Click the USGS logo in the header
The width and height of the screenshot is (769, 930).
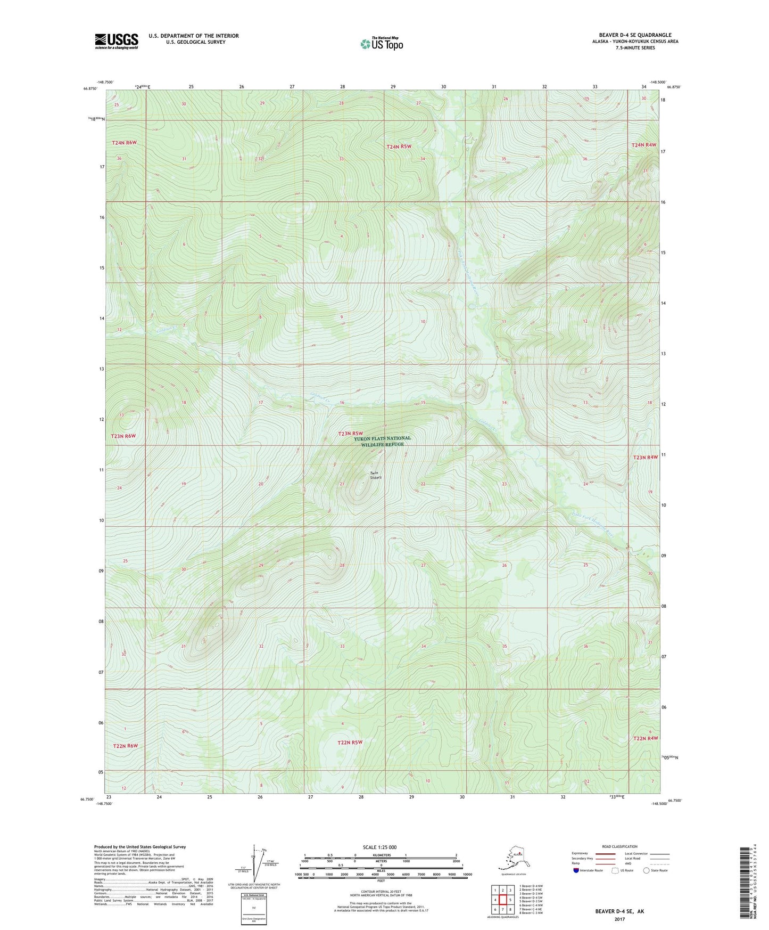(117, 40)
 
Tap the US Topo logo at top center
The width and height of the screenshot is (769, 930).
(381, 44)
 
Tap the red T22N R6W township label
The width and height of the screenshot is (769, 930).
(125, 746)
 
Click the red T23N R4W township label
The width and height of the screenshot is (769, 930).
(646, 457)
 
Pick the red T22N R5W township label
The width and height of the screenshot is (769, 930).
(350, 742)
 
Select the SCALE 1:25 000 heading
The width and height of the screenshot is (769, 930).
(379, 847)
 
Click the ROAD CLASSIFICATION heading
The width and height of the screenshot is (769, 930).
(619, 846)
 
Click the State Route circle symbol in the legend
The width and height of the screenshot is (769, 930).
(646, 870)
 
